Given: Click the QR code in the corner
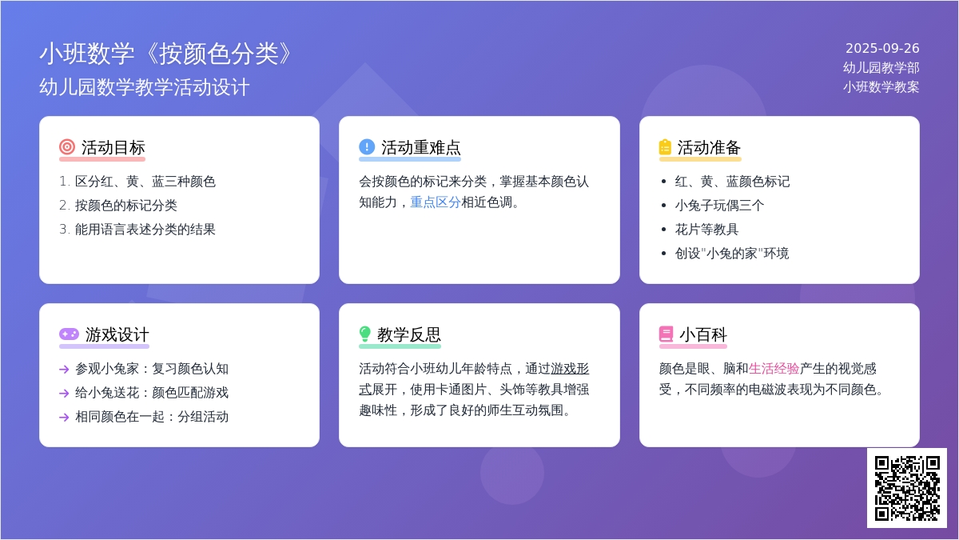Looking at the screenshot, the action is tap(907, 488).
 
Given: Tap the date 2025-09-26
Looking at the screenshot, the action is tap(882, 48).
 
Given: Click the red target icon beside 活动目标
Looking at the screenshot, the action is tap(67, 146).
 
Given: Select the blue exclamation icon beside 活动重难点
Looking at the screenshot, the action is tap(367, 146).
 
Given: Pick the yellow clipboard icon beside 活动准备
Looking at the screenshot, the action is tap(665, 146).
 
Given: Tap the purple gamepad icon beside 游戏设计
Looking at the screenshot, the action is tap(69, 334).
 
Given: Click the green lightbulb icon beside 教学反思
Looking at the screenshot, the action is tap(364, 334).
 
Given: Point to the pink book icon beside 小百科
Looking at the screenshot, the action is tap(666, 334).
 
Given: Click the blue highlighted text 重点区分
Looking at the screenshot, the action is tap(436, 202).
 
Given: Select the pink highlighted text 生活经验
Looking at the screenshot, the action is tap(774, 369).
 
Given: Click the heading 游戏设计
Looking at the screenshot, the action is tap(117, 334).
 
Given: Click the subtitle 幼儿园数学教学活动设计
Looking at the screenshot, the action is tap(145, 87).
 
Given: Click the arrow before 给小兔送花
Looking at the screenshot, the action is tap(64, 393).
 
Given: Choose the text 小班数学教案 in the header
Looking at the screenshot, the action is tap(881, 87).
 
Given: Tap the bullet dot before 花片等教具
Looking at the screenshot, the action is tap(663, 230).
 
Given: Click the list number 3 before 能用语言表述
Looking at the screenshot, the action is tap(64, 230).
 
